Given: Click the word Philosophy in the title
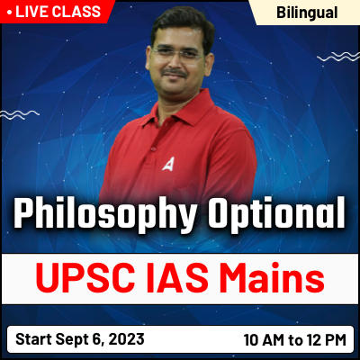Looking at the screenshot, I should coord(96,216).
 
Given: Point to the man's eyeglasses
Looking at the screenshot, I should coord(178,55).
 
